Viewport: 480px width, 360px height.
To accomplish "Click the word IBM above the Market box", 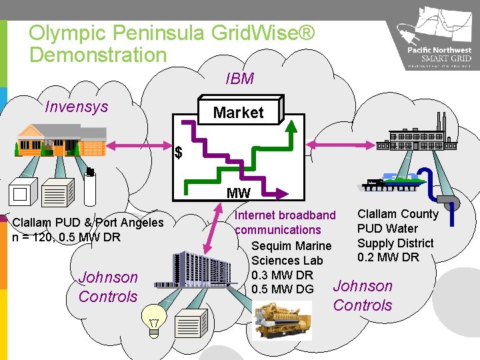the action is (239, 79).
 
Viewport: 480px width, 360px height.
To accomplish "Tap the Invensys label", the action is (76, 106).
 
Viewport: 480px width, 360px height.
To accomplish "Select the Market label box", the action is (238, 113).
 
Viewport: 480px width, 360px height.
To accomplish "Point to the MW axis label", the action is (238, 193).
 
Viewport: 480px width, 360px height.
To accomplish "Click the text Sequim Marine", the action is (291, 246).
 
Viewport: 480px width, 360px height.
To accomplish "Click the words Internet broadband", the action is (285, 215).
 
